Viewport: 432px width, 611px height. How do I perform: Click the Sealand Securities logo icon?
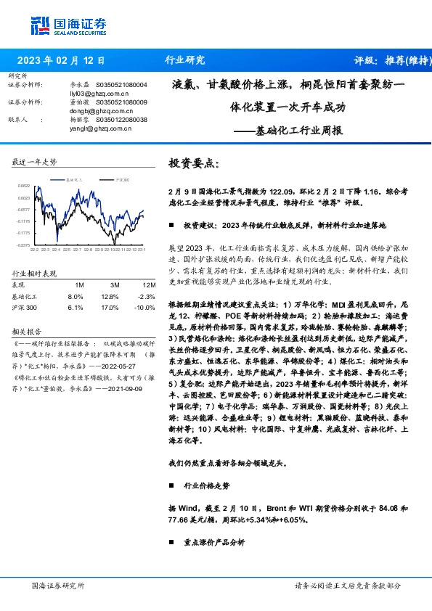point(39,25)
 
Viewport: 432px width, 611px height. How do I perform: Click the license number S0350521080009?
point(122,102)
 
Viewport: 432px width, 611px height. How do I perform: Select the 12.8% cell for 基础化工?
point(110,296)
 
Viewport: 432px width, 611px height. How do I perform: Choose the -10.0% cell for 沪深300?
point(145,307)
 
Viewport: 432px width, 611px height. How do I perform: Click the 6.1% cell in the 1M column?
point(75,307)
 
